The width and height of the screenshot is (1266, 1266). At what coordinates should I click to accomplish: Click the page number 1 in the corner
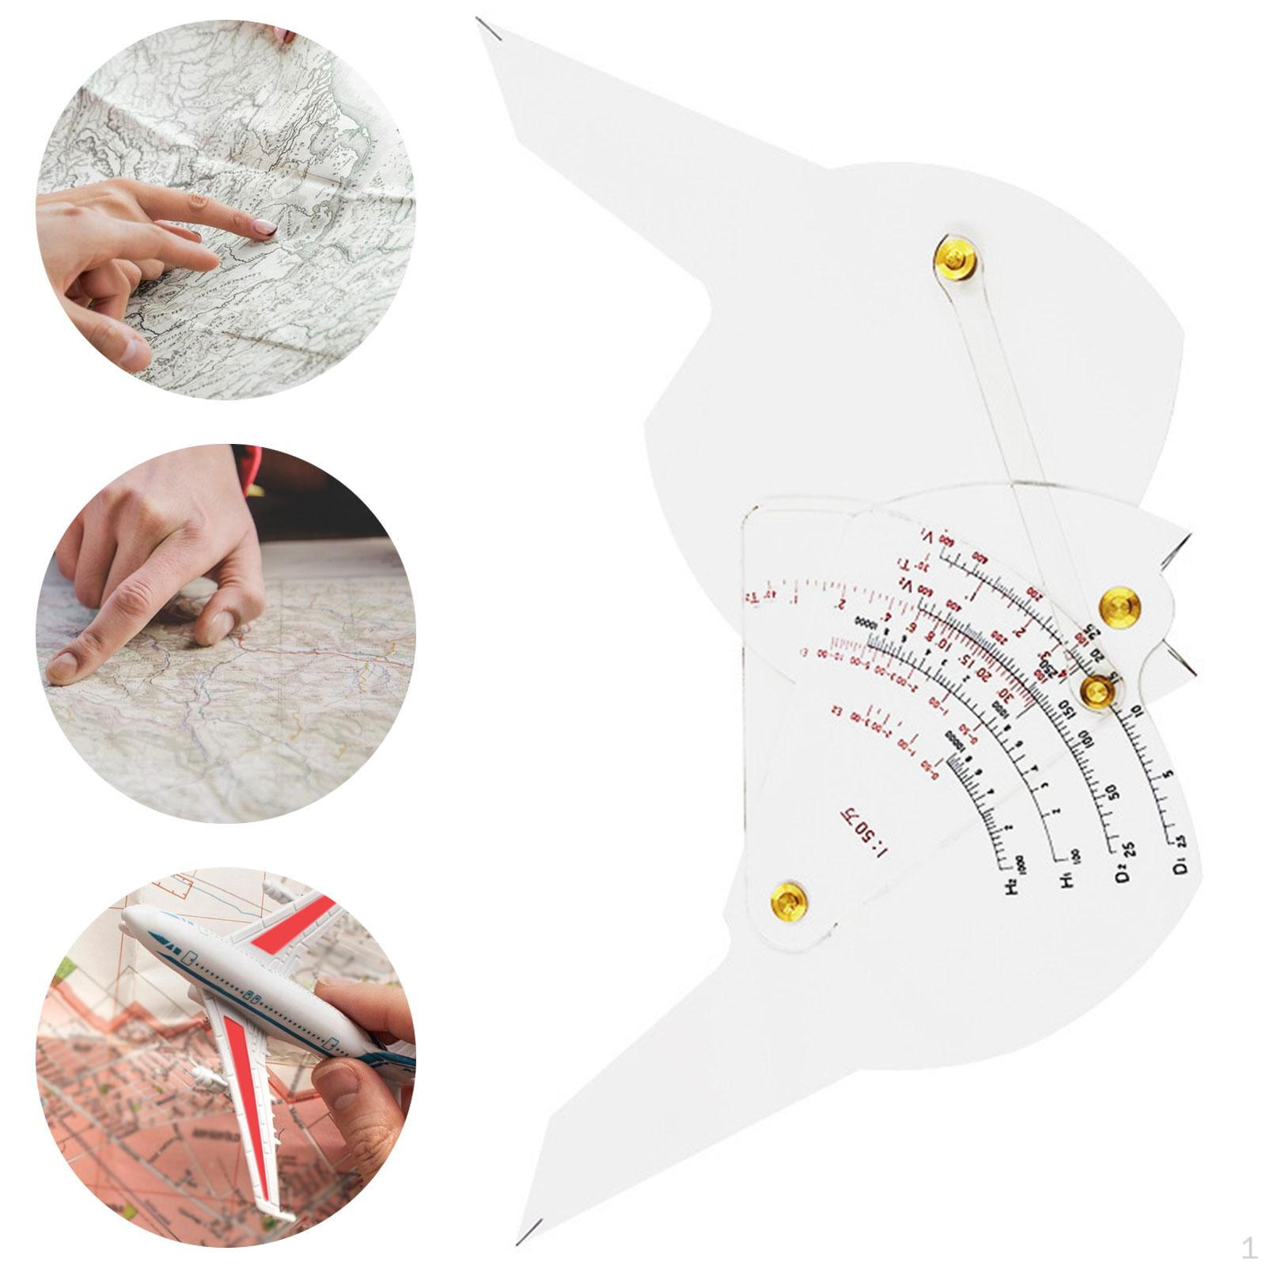click(x=1249, y=1249)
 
